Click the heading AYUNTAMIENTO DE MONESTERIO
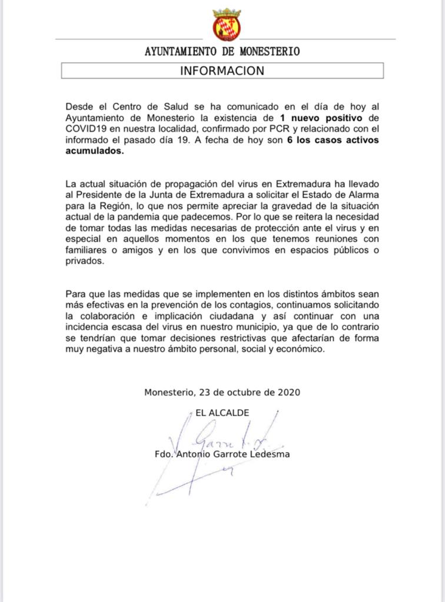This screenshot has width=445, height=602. pos(222,52)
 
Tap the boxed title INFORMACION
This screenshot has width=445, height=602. pos(222,71)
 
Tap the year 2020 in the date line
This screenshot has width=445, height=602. pos(289,392)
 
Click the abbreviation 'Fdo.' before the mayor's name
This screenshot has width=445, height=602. pos(163,454)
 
